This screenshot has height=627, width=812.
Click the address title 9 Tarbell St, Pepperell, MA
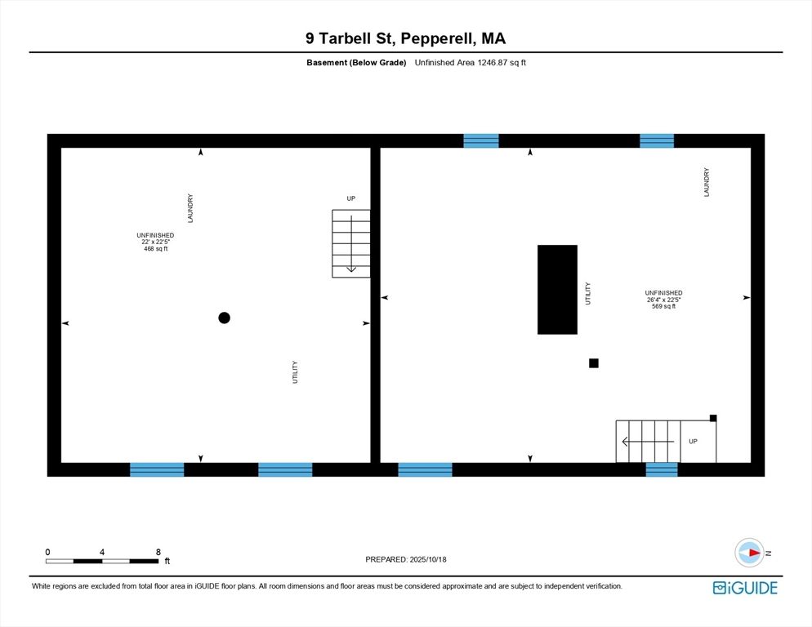point(405,38)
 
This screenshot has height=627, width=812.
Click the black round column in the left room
point(224,318)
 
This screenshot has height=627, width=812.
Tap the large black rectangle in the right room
point(557,289)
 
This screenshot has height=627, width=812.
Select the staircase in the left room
point(350,243)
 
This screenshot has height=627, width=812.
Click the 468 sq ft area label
point(155,248)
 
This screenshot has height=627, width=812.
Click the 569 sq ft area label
point(663,306)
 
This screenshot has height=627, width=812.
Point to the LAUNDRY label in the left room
point(190,208)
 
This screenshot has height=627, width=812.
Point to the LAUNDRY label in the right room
point(707,182)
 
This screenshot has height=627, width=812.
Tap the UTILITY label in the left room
point(295,372)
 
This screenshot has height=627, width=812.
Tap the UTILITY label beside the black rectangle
point(587,294)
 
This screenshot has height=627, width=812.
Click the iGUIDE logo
point(744,588)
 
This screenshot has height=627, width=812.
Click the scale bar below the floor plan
point(102,561)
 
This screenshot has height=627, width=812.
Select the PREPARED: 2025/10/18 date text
point(405,559)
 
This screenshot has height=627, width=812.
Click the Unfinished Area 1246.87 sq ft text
point(470,63)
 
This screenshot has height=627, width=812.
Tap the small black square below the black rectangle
point(594,363)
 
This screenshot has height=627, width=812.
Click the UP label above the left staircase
point(351,198)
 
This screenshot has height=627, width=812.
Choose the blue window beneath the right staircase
point(662,469)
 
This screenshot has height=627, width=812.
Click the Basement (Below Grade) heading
point(356,63)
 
